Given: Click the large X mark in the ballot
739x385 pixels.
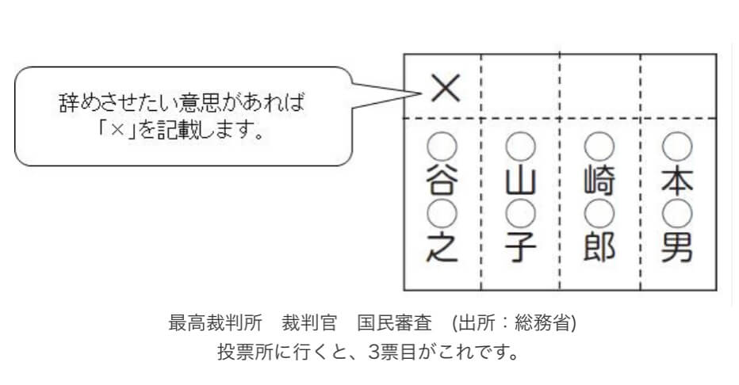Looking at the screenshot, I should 445,89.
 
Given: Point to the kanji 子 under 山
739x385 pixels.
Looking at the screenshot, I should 521,248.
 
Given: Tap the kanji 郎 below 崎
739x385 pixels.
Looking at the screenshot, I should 599,248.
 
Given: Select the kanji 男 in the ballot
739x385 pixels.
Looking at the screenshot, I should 678,248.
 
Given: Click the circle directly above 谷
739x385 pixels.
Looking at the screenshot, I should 442,147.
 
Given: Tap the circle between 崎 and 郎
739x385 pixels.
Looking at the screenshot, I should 599,214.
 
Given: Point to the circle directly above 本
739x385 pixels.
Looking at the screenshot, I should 677,147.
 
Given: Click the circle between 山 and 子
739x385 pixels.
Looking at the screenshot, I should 521,214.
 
